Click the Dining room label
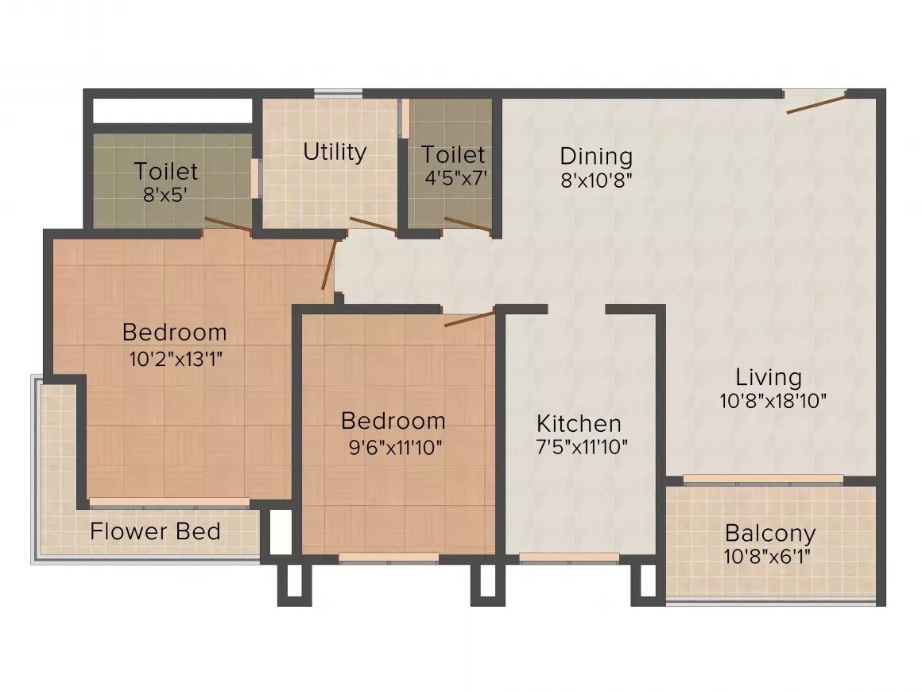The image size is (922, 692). pyautogui.click(x=595, y=156)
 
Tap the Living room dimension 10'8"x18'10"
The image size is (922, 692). pyautogui.click(x=773, y=401)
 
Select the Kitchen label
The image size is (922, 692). pyautogui.click(x=579, y=423)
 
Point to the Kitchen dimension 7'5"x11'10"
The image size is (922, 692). pyautogui.click(x=582, y=447)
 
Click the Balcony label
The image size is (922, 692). pyautogui.click(x=770, y=532)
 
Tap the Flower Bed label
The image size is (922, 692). pyautogui.click(x=155, y=531)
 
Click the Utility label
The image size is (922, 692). pyautogui.click(x=335, y=152)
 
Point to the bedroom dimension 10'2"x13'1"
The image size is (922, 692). pyautogui.click(x=174, y=359)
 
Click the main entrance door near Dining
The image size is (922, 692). pyautogui.click(x=815, y=102)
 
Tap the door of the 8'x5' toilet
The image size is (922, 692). pyautogui.click(x=228, y=226)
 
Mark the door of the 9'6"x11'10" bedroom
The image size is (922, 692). pyautogui.click(x=469, y=319)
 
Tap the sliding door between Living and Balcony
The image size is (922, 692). pyautogui.click(x=763, y=480)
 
